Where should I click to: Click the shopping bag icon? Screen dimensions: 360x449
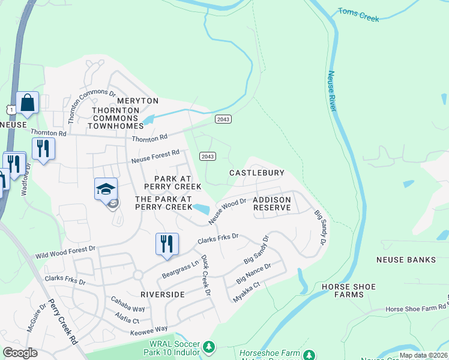point(28,103)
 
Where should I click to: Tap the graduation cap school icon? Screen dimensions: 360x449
point(106,190)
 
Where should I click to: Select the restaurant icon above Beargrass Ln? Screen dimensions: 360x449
point(167,244)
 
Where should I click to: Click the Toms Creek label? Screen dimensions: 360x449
point(358,15)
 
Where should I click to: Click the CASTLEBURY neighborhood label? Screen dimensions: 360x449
point(256,173)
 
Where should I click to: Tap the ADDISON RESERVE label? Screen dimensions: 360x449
point(272,203)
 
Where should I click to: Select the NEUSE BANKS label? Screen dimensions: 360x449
point(406,260)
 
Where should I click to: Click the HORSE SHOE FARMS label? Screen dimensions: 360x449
point(351,290)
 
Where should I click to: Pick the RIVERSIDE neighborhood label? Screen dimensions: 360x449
point(162,295)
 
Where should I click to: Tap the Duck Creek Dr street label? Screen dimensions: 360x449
point(206,275)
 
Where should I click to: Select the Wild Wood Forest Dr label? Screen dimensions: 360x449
point(65,251)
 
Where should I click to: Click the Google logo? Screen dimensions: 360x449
point(20,353)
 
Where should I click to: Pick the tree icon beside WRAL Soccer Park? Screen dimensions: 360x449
point(209,347)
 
